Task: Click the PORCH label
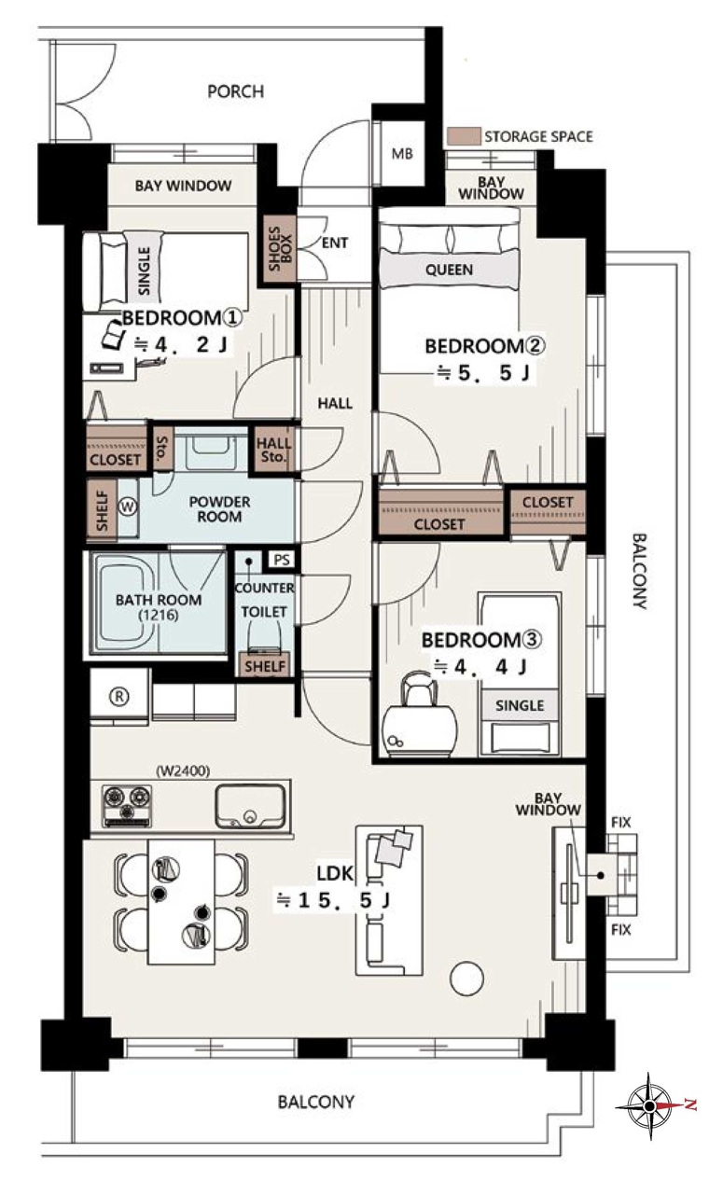[235, 91]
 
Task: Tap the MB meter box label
[402, 154]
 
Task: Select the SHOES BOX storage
[280, 249]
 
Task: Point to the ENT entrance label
[335, 243]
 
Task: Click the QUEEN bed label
[449, 270]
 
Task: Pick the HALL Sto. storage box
[273, 450]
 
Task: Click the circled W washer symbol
[128, 507]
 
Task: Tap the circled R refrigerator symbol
[119, 696]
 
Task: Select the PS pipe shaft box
[281, 561]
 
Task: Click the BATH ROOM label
[159, 600]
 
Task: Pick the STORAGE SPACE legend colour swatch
[464, 136]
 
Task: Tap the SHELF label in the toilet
[265, 666]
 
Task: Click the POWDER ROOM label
[219, 509]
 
